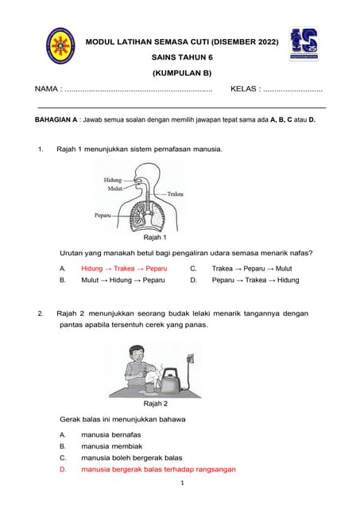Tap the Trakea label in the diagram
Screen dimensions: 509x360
[x=176, y=193]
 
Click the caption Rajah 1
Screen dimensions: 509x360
[x=154, y=237]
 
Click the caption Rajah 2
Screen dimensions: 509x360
[x=154, y=404]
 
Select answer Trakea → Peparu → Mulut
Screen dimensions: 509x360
[x=252, y=269]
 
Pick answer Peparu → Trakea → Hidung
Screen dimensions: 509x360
[x=255, y=281]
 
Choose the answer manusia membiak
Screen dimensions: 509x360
[x=111, y=447]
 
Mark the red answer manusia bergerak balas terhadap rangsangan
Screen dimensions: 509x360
[x=158, y=469]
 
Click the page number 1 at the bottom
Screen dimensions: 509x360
[x=182, y=484]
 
